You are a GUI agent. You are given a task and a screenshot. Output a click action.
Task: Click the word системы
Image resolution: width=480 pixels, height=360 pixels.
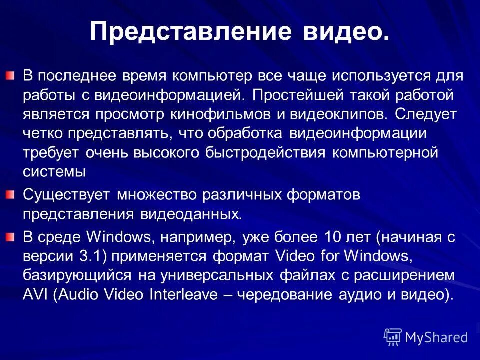point(55,171)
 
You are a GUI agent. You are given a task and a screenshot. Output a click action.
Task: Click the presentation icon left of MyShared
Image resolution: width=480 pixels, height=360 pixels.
point(393,337)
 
